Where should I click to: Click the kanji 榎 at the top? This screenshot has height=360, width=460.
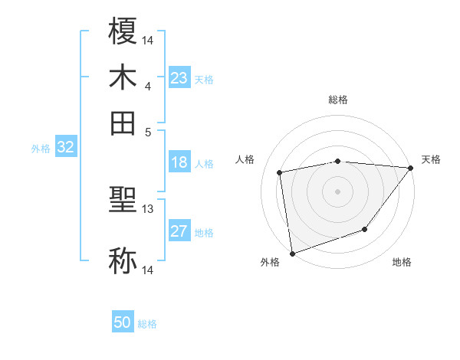click(x=123, y=31)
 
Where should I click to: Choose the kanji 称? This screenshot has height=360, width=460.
click(x=123, y=260)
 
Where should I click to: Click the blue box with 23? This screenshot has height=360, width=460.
click(x=179, y=78)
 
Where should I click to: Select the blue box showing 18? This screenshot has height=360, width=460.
click(x=179, y=163)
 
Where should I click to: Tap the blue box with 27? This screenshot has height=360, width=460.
click(x=179, y=232)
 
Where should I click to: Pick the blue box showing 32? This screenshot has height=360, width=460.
click(x=65, y=148)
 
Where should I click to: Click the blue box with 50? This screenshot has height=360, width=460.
click(x=123, y=323)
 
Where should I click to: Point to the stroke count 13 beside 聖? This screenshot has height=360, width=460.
click(x=148, y=208)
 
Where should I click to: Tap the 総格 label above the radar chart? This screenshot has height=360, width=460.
click(x=338, y=100)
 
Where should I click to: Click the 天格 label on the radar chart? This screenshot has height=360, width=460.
click(x=431, y=159)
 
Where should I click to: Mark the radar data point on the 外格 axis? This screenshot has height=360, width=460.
click(x=292, y=254)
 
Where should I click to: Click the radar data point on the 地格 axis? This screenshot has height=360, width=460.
click(x=366, y=229)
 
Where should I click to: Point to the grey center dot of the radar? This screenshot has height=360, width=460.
click(x=338, y=191)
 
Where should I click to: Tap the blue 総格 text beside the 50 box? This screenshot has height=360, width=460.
click(x=147, y=324)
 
